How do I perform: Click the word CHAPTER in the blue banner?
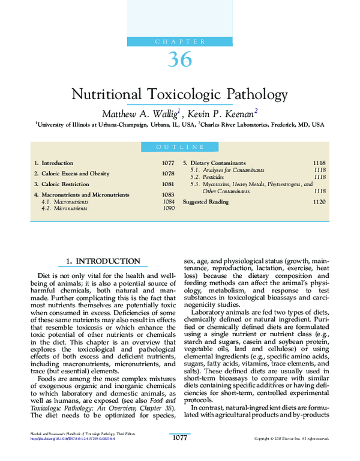click(180, 41)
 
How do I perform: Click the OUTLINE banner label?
click(180, 147)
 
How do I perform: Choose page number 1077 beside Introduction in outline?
click(168, 163)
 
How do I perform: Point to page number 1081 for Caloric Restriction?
click(168, 184)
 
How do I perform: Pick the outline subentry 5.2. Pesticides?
click(207, 178)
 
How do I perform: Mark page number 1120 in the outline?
click(319, 202)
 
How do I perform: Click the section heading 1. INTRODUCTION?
click(103, 262)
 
